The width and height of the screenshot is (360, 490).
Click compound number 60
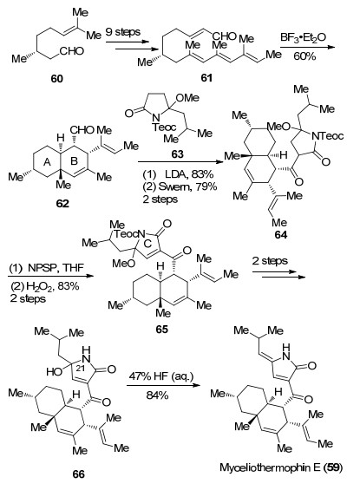coord(56,79)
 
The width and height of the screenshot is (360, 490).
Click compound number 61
coord(206,77)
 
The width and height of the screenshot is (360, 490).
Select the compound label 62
coord(62,204)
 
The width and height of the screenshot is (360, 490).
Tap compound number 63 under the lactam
coord(177,154)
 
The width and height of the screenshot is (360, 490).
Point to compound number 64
coord(280,235)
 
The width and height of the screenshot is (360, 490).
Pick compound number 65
coord(162,329)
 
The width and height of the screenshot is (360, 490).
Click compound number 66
coord(78,474)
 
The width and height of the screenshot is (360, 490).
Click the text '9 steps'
coord(123,32)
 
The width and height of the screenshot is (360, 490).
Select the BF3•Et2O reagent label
coord(303,38)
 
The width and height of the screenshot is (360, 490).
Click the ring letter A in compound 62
coord(47,162)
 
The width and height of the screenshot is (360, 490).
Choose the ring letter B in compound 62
coord(74,161)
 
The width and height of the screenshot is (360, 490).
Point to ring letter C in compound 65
coord(148,244)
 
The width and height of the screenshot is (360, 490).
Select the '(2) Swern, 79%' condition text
coord(180,186)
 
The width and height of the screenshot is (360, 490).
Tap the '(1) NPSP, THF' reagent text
coord(47,268)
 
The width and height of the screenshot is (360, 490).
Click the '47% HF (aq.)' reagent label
coord(161,376)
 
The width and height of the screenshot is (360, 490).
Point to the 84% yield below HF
coord(158,395)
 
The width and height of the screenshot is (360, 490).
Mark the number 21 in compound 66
coord(80,369)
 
